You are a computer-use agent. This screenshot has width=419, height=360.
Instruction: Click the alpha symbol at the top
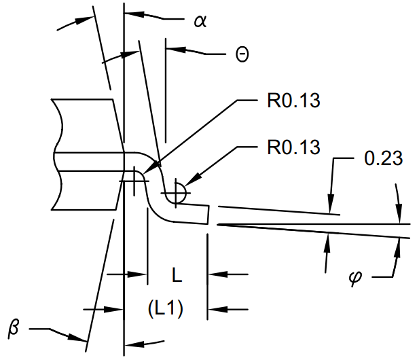pyautogui.click(x=200, y=21)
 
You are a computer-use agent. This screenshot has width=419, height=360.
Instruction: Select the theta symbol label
pyautogui.click(x=242, y=55)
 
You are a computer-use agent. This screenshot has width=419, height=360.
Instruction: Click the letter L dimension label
pyautogui.click(x=176, y=275)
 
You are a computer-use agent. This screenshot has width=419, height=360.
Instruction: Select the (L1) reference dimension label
pyautogui.click(x=165, y=308)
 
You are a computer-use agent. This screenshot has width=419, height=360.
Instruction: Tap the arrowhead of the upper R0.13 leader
pyautogui.click(x=156, y=165)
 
